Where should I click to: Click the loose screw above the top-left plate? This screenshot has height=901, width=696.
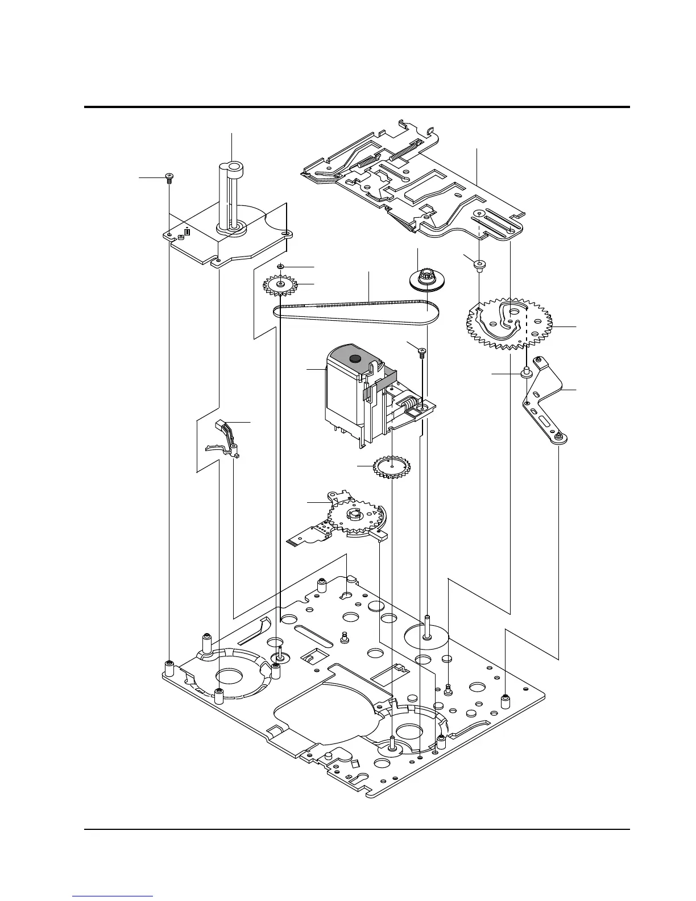169,176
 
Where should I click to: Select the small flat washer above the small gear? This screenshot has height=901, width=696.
280,266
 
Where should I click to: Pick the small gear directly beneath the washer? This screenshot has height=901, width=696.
280,284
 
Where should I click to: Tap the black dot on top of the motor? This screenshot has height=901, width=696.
355,358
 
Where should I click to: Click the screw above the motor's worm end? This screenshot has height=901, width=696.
422,351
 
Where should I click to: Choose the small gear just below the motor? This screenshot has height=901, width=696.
391,466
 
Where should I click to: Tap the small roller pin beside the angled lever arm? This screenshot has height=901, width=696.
527,373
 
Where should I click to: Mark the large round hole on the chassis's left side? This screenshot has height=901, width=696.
229,676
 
